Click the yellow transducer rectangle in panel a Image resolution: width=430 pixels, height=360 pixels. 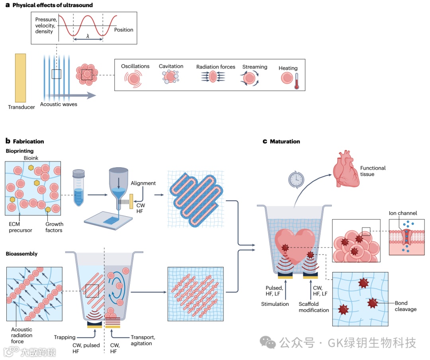tap(20, 78)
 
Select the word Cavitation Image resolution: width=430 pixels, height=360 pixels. tap(171, 66)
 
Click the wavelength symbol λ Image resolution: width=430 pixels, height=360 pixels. tap(88, 36)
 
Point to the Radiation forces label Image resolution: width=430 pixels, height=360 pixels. tap(215, 67)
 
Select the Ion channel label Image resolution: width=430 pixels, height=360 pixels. tap(403, 213)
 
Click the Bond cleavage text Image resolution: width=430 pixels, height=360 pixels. tap(405, 306)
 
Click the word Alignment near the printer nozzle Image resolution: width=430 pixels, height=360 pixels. tap(143, 183)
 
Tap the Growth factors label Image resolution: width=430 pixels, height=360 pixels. tap(54, 227)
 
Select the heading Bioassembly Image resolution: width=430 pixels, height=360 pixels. tap(21, 254)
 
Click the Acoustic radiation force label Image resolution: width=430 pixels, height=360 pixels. tap(22, 335)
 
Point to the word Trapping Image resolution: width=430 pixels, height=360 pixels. tap(64, 337)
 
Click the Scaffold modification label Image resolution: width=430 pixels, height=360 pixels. tap(314, 307)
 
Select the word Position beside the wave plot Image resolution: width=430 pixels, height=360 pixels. tap(123, 30)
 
